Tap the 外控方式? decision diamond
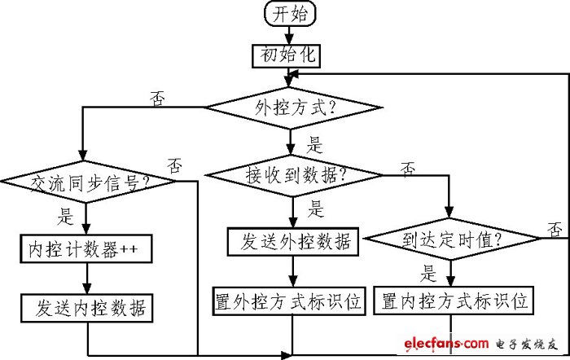coord(292,107)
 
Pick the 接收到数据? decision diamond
coord(292,173)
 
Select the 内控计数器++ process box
coord(85,250)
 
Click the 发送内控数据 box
coord(85,308)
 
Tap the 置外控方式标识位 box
coord(289,301)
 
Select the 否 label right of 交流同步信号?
coord(174,165)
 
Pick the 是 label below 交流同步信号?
coord(65,216)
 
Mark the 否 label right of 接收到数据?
coord(408,168)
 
